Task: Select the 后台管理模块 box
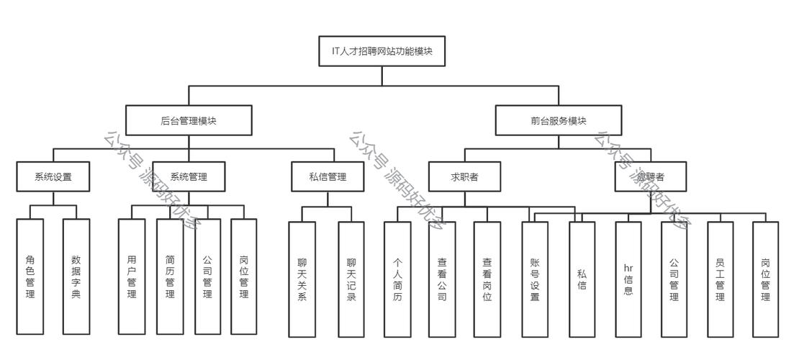(189, 120)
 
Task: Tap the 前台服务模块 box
(559, 120)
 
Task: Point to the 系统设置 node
(53, 176)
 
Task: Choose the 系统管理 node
(189, 176)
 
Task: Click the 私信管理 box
(328, 176)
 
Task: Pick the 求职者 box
(465, 176)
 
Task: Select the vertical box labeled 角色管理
(30, 276)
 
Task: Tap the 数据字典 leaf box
(76, 276)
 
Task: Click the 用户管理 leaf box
(131, 276)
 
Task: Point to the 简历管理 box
(170, 276)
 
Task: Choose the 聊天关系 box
(302, 279)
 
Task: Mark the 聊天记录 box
(351, 279)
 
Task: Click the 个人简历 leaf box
(397, 279)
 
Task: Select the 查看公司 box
(442, 279)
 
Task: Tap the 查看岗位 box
(487, 279)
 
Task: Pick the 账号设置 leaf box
(535, 279)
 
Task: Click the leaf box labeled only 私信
(582, 279)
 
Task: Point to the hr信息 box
(628, 279)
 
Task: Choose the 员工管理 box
(720, 279)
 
